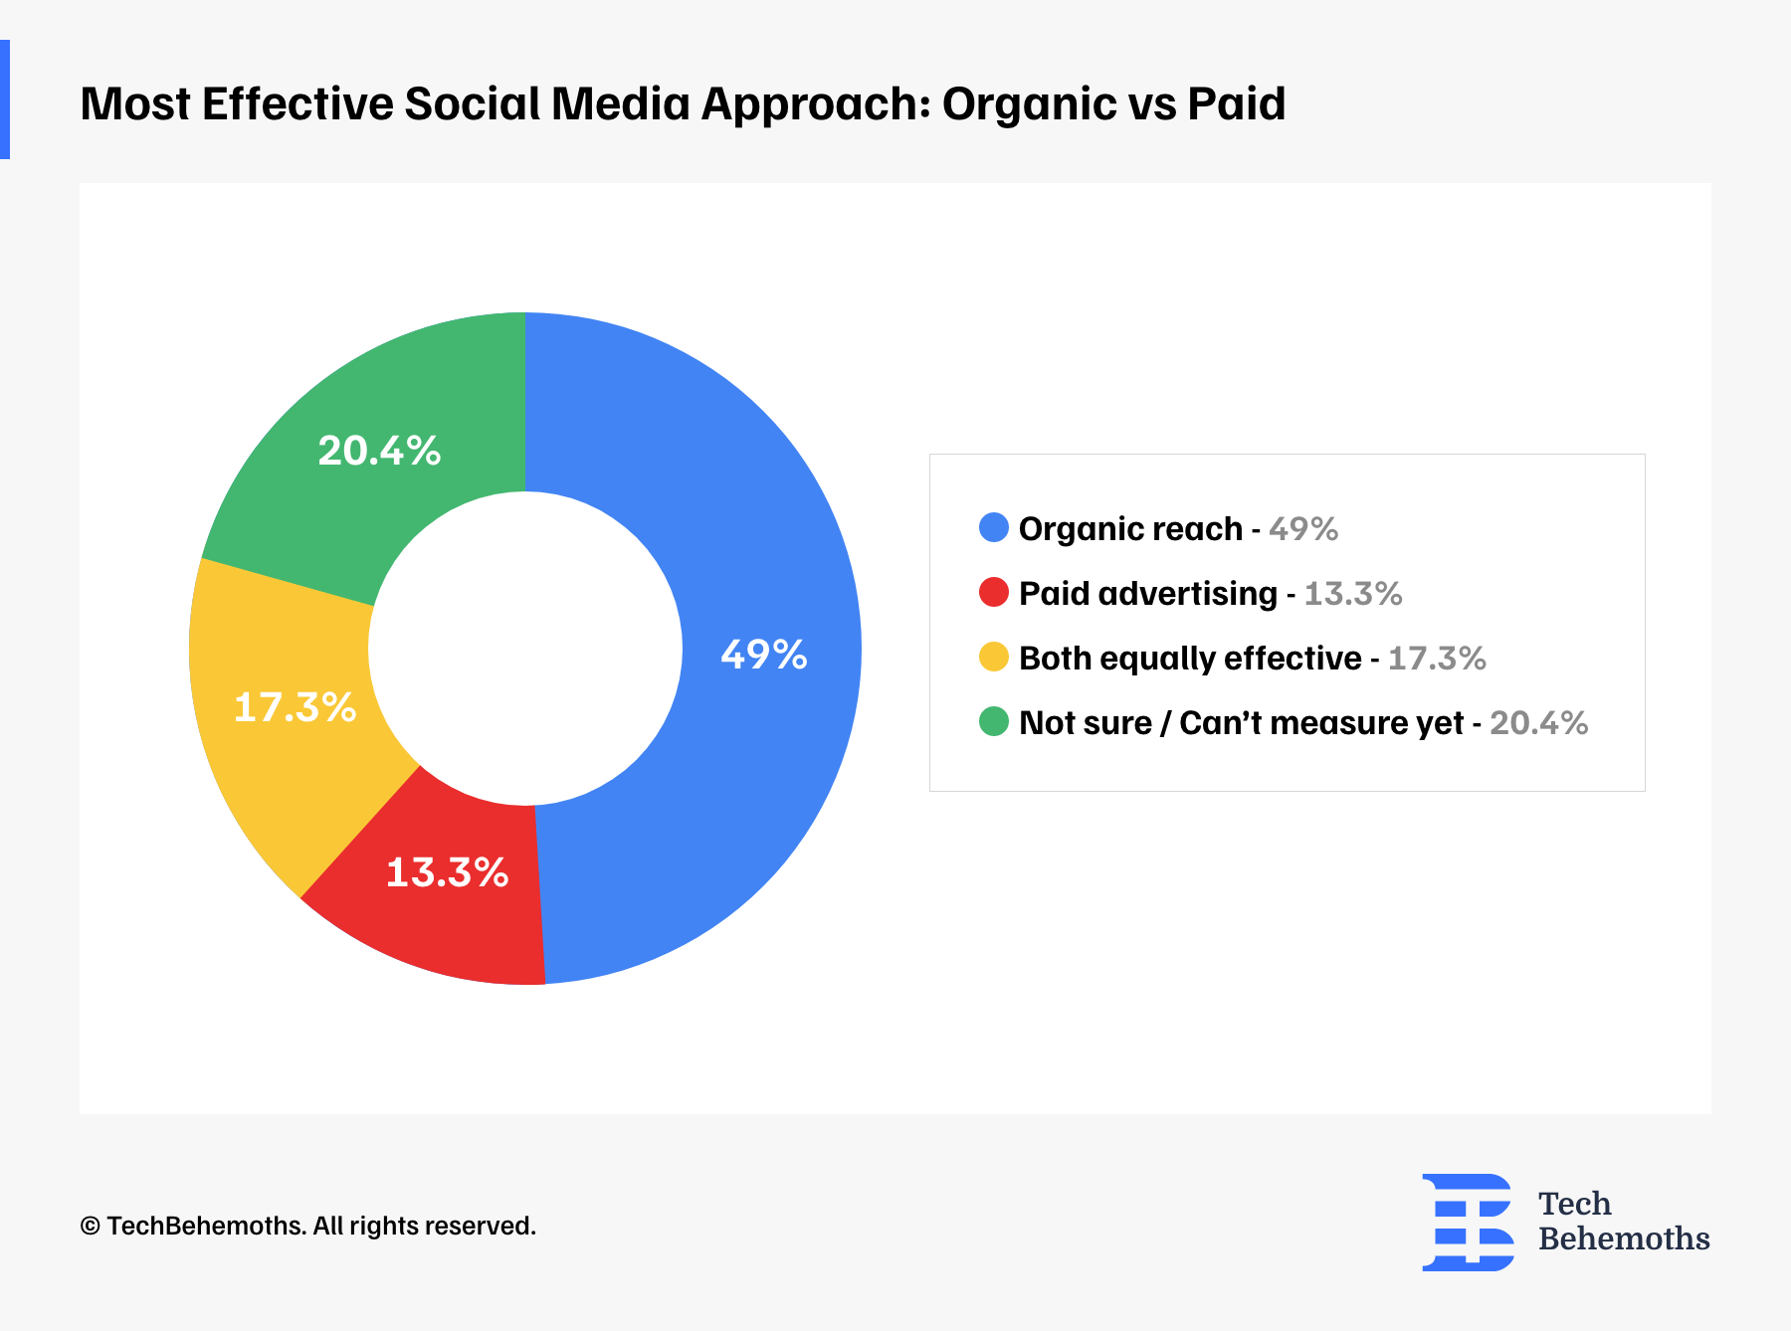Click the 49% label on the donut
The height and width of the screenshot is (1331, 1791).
pos(763,655)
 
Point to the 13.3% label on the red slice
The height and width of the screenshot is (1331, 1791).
pos(447,872)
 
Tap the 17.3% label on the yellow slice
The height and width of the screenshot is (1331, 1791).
pos(295,707)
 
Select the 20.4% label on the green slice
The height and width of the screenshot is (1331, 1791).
pos(379,451)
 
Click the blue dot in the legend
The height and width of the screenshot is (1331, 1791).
pos(993,527)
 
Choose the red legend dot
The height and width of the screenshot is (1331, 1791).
pos(993,592)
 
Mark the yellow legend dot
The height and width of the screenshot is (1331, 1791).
pos(993,657)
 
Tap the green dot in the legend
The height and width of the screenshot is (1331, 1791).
pos(993,721)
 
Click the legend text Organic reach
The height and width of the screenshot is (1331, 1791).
pos(1130,528)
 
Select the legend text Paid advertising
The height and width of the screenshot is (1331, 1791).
pos(1147,593)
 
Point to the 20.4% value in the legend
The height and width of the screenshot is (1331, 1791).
pos(1538,722)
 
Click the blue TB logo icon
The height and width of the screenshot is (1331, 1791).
pos(1468,1222)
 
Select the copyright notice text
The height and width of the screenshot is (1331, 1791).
pos(308,1226)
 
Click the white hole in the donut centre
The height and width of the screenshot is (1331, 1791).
pos(525,649)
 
